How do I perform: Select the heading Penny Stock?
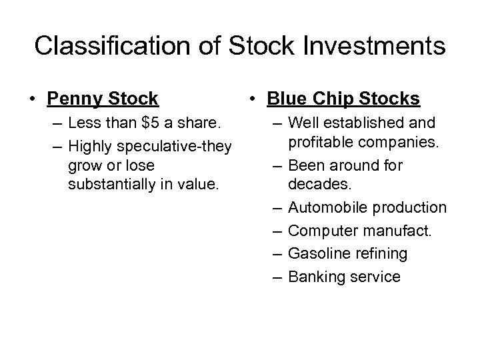[x=103, y=99]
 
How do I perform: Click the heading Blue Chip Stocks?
[x=343, y=99]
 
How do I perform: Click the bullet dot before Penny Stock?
[x=32, y=100]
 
